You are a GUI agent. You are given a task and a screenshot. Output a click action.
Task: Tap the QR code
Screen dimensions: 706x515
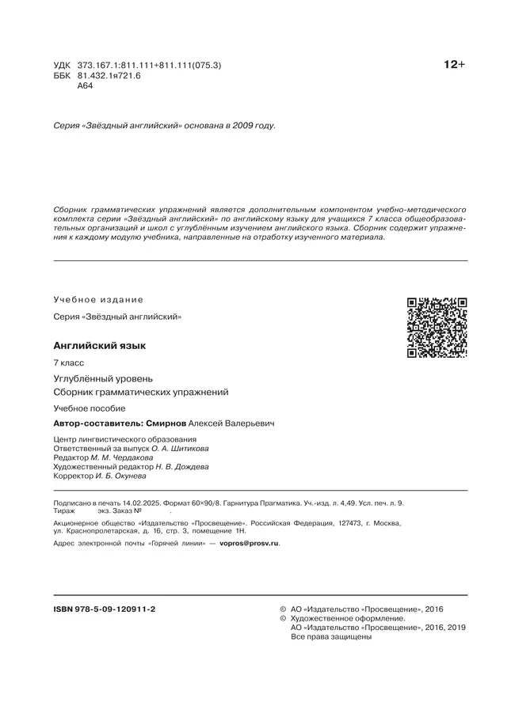pyautogui.click(x=437, y=328)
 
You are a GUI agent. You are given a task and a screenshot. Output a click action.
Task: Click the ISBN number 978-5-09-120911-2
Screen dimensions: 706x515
pyautogui.click(x=103, y=609)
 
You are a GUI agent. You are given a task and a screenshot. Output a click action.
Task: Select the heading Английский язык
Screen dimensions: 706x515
pyautogui.click(x=99, y=346)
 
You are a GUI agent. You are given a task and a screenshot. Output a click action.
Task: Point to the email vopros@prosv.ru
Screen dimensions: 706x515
pyautogui.click(x=249, y=544)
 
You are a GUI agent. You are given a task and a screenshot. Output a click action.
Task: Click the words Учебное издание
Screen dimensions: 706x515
pyautogui.click(x=98, y=299)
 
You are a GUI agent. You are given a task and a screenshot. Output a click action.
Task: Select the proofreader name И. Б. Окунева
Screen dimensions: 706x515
pyautogui.click(x=124, y=476)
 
